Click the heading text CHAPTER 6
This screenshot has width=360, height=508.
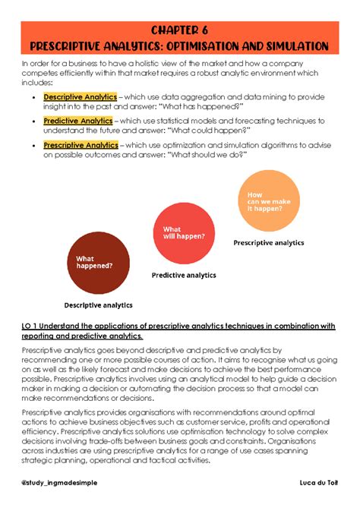[179, 30]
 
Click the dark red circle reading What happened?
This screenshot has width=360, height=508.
[96, 262]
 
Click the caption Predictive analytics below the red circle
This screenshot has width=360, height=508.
[184, 275]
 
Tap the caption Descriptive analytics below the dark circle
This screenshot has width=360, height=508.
[98, 305]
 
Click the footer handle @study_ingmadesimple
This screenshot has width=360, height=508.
[60, 483]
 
